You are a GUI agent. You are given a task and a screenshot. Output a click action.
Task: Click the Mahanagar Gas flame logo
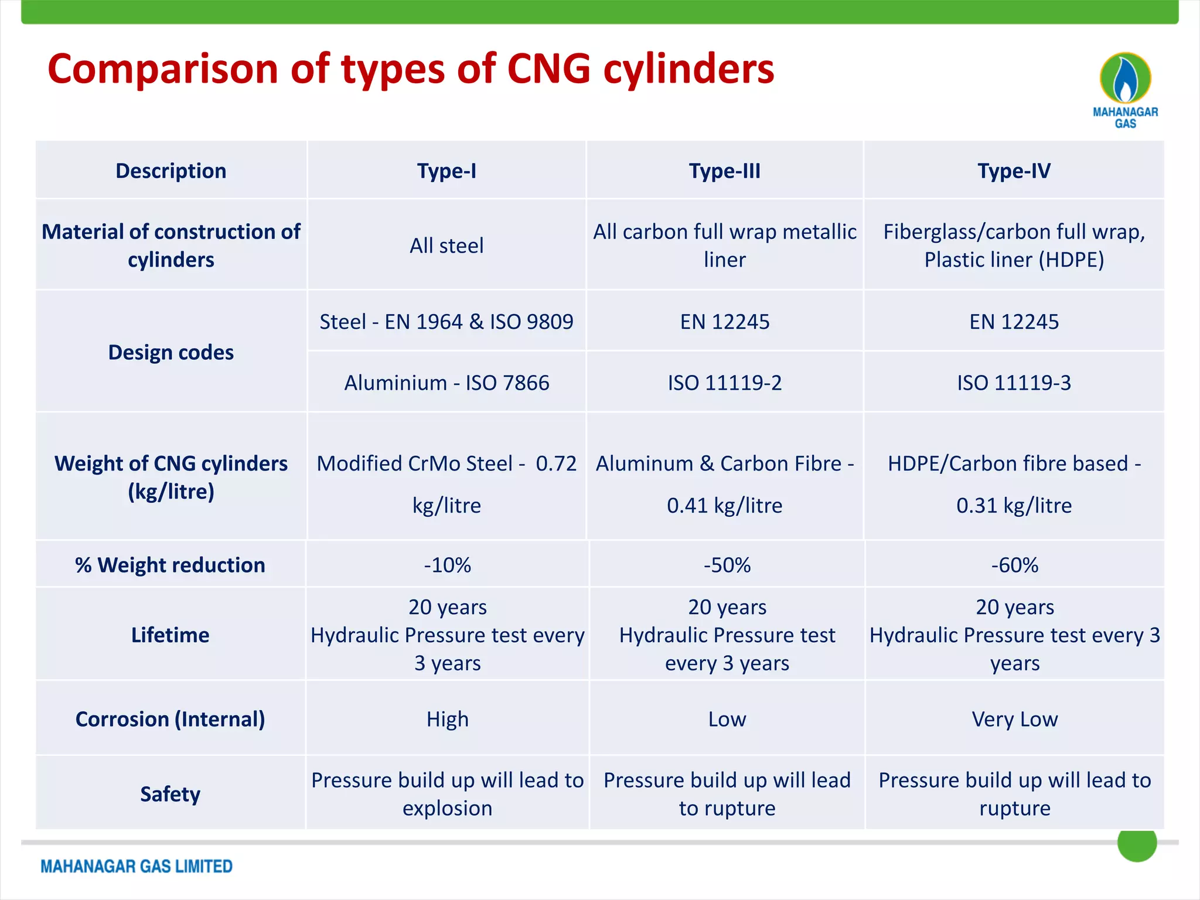point(1125,79)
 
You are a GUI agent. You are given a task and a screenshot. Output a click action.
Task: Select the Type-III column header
point(725,171)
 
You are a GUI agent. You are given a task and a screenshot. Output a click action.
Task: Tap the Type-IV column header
point(1014,171)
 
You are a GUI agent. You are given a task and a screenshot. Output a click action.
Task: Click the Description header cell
point(171,171)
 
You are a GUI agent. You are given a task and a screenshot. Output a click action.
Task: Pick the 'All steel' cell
point(446,246)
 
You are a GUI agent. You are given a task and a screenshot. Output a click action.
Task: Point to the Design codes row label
point(171,353)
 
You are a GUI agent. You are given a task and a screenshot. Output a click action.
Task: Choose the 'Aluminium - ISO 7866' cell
point(446,383)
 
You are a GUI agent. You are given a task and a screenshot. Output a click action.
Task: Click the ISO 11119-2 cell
point(725,383)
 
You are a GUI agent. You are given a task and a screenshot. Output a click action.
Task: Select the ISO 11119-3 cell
point(1014,383)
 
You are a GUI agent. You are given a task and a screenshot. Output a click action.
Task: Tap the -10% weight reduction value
point(448,565)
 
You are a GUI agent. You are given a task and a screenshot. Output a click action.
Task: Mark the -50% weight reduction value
point(727,565)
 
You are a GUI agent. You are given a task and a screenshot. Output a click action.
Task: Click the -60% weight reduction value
point(1015,565)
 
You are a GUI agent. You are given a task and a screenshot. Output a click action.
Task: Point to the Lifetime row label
point(170,635)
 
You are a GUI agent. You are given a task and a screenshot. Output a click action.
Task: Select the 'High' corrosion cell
point(448,720)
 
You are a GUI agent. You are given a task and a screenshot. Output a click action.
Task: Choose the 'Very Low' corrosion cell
point(1015,720)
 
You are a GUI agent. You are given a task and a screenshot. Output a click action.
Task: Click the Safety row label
point(170,795)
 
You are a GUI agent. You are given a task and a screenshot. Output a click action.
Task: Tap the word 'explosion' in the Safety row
point(448,809)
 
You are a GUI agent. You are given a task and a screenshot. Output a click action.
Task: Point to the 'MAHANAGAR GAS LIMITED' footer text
point(137,867)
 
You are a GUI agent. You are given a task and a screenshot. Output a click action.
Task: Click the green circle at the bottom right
point(1137,844)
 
